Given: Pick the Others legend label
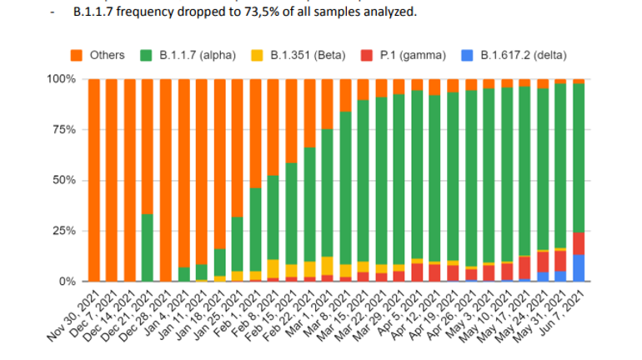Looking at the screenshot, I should coord(107,55).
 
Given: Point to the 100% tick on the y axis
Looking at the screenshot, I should coord(63,80).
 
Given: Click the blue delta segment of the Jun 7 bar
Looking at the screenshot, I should coord(579,268).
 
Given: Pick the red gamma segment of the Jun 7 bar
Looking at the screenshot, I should coord(579,243).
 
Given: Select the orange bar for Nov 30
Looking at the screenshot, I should coord(93,180).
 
